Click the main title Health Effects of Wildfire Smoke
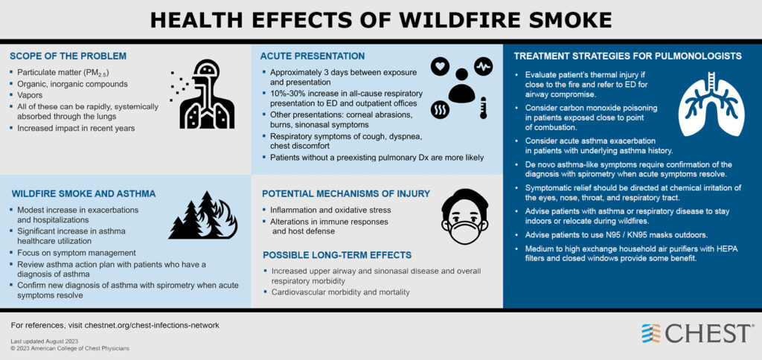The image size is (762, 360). (381, 20)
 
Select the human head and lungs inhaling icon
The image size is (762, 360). (203, 94)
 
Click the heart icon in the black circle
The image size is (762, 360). (441, 66)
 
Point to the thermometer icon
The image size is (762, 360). (483, 107)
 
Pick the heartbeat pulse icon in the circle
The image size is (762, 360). (484, 65)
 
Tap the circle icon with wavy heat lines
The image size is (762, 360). (440, 109)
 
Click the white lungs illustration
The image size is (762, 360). (711, 103)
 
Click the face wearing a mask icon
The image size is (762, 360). (464, 216)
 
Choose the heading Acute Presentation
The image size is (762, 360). (313, 56)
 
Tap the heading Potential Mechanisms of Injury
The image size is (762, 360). (346, 194)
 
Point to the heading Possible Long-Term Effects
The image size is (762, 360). (337, 255)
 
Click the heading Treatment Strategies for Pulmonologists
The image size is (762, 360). (628, 57)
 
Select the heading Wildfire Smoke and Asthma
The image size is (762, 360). (83, 194)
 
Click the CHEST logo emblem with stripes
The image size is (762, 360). (651, 333)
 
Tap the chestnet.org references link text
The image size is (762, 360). (115, 325)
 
